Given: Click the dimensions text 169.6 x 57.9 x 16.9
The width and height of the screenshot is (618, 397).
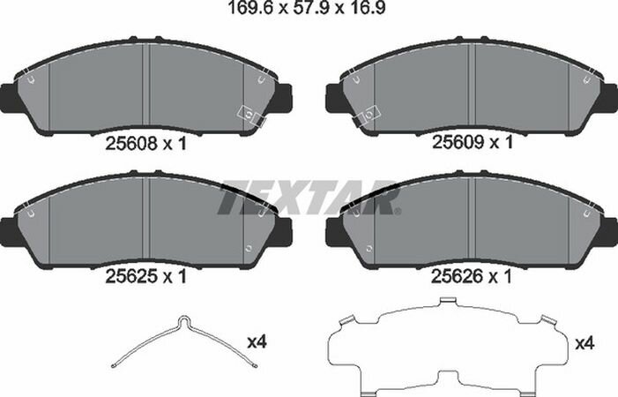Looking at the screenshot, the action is click(307, 8).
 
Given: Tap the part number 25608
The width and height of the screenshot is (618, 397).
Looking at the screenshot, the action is click(131, 145).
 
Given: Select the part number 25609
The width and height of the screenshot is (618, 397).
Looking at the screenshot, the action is click(458, 142).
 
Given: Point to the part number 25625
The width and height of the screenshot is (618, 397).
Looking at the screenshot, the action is click(131, 276).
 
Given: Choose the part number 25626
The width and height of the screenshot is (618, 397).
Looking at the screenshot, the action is click(458, 276).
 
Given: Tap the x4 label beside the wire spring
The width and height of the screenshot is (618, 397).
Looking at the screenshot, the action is click(257, 341).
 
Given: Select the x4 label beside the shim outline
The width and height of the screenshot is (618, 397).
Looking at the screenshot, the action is click(584, 344).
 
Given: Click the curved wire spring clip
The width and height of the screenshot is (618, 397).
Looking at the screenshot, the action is click(184, 341).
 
